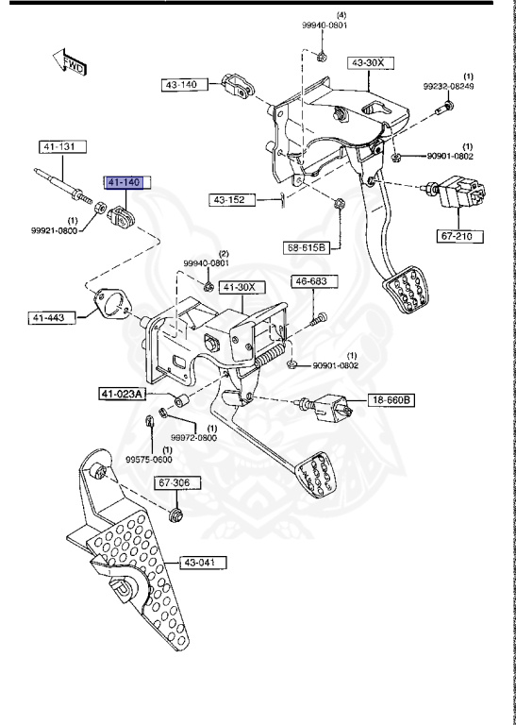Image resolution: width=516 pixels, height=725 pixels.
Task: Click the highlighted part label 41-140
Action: tap(123, 181)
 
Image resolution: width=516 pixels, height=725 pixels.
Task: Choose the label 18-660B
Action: tap(391, 400)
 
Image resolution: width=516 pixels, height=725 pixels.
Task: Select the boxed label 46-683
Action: tap(311, 281)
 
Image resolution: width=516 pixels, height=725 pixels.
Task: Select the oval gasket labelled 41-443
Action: tap(112, 304)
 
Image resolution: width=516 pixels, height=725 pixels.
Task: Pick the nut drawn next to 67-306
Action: tap(176, 515)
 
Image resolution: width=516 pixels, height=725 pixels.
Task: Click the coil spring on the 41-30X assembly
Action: tap(271, 357)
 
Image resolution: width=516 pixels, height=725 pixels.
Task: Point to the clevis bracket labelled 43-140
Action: tap(239, 86)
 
